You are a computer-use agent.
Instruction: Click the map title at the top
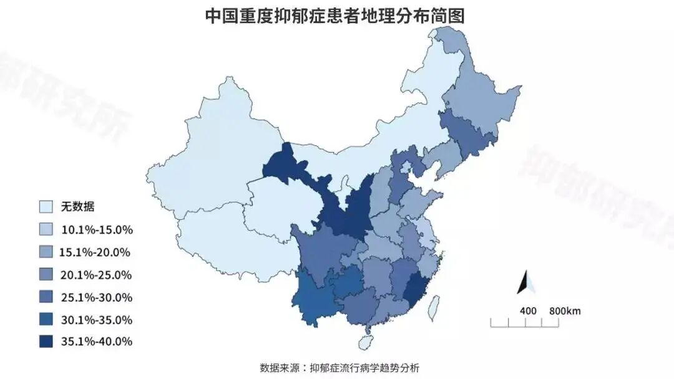tap(335, 16)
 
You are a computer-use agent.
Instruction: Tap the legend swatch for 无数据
tap(46, 207)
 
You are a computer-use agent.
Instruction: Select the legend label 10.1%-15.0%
tap(97, 229)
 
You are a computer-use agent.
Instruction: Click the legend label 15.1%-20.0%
tap(94, 252)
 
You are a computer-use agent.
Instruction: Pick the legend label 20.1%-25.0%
tap(97, 274)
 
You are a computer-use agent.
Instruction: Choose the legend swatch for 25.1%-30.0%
tap(46, 297)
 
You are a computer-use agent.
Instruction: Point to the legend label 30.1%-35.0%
tap(97, 320)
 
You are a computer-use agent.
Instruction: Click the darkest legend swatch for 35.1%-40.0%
tap(46, 342)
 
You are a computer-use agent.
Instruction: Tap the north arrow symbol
tap(525, 282)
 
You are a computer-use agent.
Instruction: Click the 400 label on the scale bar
tap(528, 310)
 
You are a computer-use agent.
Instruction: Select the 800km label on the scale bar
tap(565, 310)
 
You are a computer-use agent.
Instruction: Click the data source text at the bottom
tap(339, 367)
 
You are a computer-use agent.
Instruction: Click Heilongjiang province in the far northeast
tap(484, 94)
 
